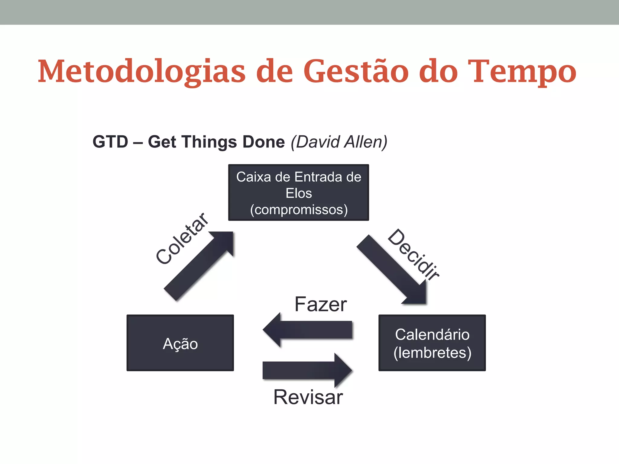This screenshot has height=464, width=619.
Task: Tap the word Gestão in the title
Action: (x=356, y=71)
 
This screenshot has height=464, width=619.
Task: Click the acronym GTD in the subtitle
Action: (x=110, y=142)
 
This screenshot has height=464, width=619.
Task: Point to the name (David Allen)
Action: (x=339, y=142)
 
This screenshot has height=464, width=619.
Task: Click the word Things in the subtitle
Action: (x=209, y=142)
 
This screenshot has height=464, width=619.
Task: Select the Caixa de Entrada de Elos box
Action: (x=298, y=192)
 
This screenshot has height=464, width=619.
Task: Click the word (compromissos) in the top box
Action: (x=299, y=210)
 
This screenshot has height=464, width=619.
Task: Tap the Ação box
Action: (x=180, y=343)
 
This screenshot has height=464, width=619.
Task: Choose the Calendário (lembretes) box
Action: (x=432, y=343)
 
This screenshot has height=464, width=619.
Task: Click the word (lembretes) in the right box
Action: (x=432, y=353)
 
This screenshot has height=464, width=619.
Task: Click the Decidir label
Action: (x=413, y=254)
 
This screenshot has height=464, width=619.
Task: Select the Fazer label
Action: (x=320, y=304)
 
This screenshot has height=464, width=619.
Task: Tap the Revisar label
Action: (x=308, y=397)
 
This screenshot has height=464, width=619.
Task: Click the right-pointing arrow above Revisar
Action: (x=307, y=370)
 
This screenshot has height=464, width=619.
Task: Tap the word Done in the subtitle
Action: (x=264, y=142)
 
